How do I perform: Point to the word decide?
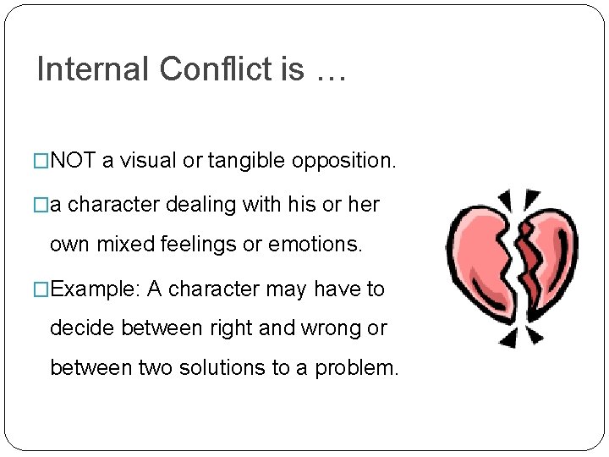tap(77, 328)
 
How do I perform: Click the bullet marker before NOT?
tap(43, 161)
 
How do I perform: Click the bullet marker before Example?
tap(43, 289)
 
